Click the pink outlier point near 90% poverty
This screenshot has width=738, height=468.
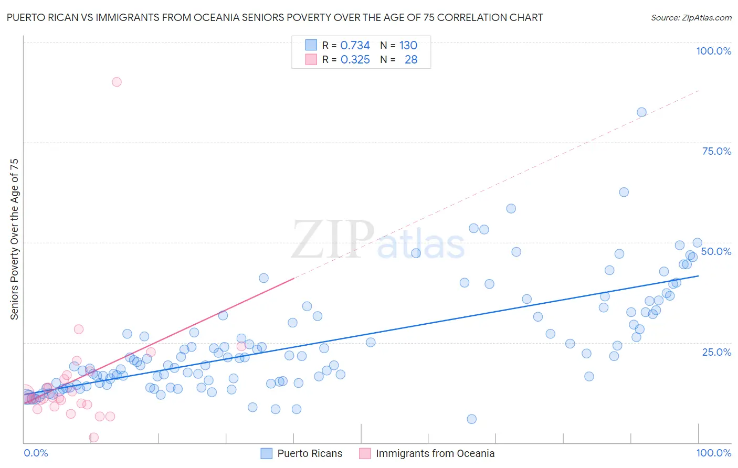117,82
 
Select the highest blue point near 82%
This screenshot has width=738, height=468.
641,112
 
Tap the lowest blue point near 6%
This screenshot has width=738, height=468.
471,419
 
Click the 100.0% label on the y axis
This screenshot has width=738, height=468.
713,51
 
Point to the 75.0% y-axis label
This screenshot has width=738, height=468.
716,151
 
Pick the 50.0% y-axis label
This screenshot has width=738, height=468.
716,251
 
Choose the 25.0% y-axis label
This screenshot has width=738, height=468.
716,352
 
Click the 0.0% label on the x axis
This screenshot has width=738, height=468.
36,453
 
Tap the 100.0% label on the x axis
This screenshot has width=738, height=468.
713,453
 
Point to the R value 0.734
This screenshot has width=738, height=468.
355,45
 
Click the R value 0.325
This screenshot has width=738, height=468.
355,59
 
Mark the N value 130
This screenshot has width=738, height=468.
408,45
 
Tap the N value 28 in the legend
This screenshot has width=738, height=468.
411,59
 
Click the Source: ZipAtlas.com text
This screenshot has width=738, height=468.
691,17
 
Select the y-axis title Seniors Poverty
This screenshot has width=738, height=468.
14,239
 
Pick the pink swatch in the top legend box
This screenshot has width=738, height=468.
311,59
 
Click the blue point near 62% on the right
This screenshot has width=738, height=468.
624,192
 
